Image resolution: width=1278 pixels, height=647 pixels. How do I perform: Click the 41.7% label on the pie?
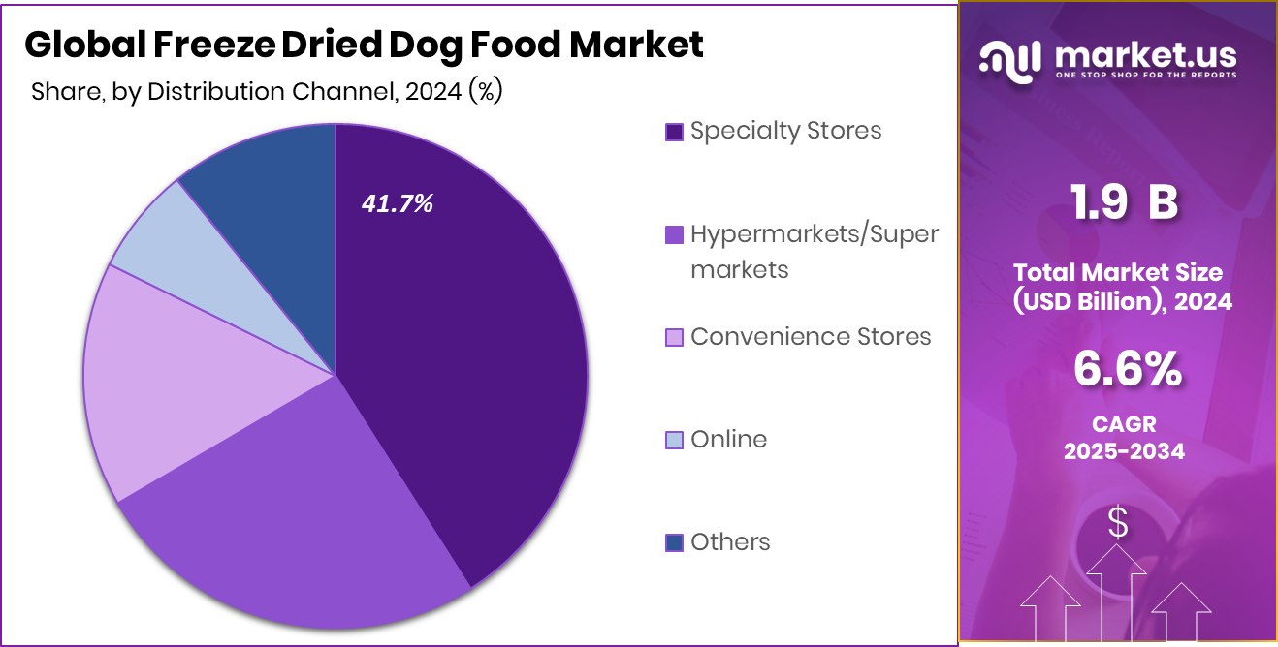click(x=397, y=204)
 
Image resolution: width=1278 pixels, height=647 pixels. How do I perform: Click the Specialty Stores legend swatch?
click(x=674, y=132)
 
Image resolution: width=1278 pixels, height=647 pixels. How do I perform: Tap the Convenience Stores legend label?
click(x=811, y=336)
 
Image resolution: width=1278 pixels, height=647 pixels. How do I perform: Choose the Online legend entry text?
click(x=728, y=439)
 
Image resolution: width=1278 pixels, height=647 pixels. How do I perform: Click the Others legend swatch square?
click(x=674, y=542)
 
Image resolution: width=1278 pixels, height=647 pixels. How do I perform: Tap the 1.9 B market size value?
click(x=1123, y=203)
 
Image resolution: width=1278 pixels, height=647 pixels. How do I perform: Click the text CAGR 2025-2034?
click(x=1124, y=438)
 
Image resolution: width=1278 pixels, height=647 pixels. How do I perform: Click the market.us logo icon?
click(x=1010, y=60)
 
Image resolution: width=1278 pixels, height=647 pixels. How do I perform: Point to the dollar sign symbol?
click(x=1118, y=524)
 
